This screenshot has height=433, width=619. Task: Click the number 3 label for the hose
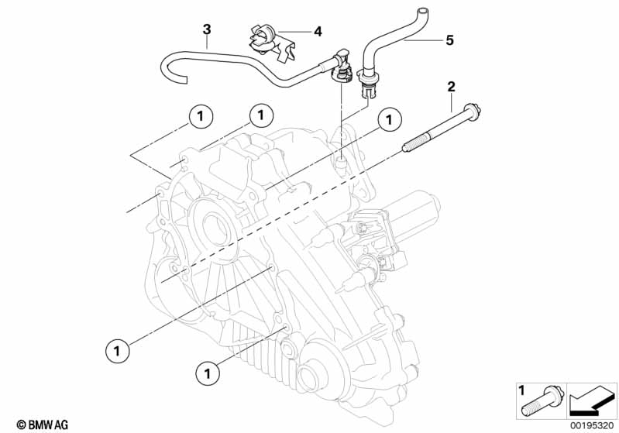207,29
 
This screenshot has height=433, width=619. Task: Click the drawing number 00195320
593,424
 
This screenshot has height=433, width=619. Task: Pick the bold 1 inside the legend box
521,390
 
